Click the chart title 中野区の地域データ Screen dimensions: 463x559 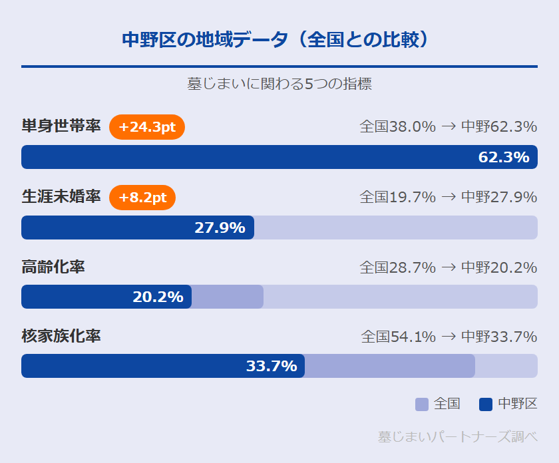[x=279, y=40]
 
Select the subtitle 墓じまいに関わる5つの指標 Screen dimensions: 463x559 [x=279, y=84]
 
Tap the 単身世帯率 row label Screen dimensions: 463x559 [x=61, y=126]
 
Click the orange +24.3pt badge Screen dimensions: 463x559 [x=147, y=127]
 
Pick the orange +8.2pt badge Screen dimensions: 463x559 [x=142, y=198]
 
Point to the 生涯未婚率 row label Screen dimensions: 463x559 [x=61, y=197]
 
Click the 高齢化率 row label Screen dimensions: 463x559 [x=53, y=267]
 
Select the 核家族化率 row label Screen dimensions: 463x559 [x=61, y=336]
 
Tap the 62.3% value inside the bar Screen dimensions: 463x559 [x=504, y=158]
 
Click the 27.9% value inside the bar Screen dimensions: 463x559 [x=220, y=228]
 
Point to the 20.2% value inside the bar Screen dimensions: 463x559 [x=158, y=297]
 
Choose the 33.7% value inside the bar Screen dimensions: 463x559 [x=272, y=367]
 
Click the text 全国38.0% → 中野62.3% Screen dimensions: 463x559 [x=448, y=126]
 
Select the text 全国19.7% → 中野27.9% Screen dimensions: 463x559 [x=448, y=197]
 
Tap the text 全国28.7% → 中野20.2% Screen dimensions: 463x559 [x=448, y=267]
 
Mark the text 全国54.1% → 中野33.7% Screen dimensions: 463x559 [x=449, y=337]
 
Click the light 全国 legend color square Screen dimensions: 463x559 [x=422, y=404]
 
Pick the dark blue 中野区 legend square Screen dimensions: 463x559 [x=486, y=404]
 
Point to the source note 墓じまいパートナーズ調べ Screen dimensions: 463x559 [x=457, y=437]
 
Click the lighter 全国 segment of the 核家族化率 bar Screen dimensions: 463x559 [x=389, y=366]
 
